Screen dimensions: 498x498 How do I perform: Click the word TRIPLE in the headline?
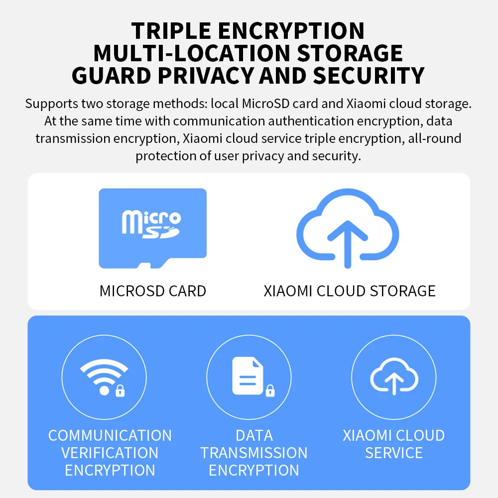point(171,31)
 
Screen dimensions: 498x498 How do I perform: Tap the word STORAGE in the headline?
point(350,53)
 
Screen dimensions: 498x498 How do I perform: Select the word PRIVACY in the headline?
point(206,76)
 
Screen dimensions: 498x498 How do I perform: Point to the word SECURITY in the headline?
point(369,76)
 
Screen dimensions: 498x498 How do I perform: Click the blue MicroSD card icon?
point(153,229)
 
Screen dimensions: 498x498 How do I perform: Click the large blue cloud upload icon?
point(348,229)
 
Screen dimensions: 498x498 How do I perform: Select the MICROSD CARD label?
point(153,291)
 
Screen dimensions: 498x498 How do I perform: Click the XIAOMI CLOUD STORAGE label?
point(350,291)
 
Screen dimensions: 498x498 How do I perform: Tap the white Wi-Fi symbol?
point(104,376)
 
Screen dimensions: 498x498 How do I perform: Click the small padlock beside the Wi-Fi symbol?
point(120,390)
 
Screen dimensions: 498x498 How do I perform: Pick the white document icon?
point(248,375)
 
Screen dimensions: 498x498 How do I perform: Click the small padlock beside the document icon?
point(270,390)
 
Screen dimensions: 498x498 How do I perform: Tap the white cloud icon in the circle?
point(394,376)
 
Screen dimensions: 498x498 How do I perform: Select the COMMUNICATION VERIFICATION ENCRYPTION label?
point(110,453)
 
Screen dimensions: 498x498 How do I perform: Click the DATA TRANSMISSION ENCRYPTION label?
point(254,453)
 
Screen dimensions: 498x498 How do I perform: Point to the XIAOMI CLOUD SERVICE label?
point(394,444)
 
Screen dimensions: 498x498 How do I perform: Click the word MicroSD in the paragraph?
point(265,104)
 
